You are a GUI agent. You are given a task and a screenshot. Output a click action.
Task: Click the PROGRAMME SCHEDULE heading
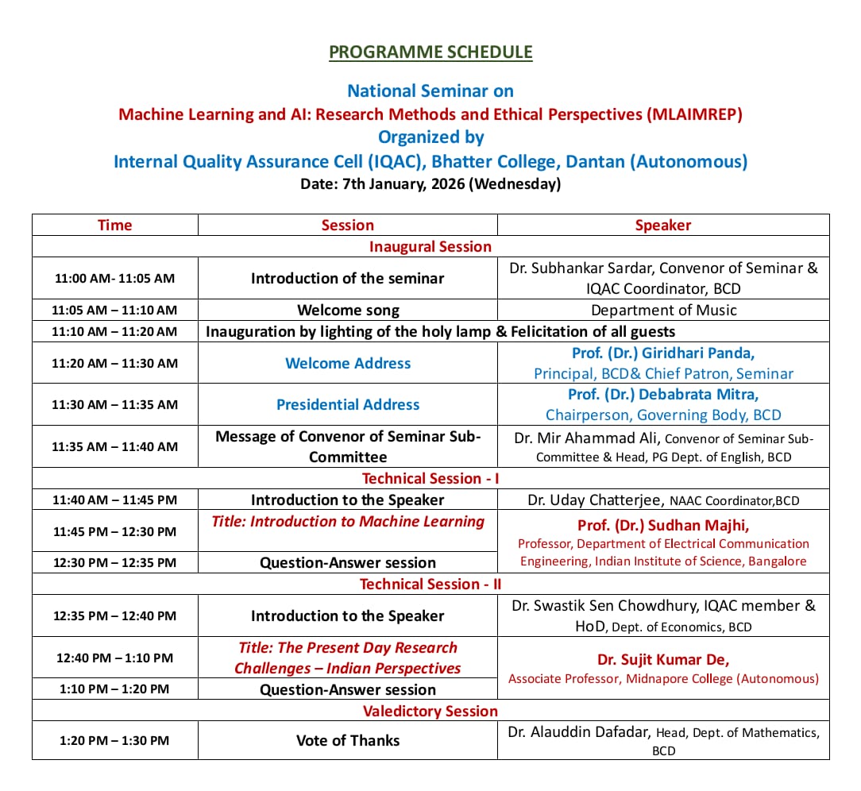click(430, 52)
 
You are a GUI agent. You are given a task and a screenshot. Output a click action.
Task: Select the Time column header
click(114, 225)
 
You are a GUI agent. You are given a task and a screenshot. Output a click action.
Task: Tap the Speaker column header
click(663, 225)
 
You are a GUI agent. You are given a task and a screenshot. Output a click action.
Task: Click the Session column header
click(347, 225)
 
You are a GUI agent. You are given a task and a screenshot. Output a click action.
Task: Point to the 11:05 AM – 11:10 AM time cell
click(114, 310)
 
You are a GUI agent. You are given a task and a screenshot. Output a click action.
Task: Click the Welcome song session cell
click(347, 310)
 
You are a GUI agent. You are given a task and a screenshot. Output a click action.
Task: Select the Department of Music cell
click(663, 310)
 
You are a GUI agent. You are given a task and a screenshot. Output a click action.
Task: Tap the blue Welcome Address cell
click(347, 363)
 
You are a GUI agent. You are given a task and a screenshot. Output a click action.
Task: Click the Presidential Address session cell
click(347, 404)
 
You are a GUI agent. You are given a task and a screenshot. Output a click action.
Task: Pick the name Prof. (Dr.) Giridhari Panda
click(663, 353)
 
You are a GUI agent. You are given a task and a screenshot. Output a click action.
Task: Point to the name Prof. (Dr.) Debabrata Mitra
click(663, 395)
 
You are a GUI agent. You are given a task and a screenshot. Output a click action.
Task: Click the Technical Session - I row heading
click(430, 478)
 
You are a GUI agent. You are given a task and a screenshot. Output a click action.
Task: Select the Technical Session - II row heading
click(430, 584)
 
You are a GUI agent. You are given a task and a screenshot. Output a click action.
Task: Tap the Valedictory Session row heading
click(430, 711)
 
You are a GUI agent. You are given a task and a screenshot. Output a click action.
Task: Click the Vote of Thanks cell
click(347, 740)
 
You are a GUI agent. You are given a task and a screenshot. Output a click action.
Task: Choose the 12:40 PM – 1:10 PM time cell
click(114, 658)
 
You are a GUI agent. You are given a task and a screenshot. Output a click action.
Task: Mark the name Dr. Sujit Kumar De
click(663, 659)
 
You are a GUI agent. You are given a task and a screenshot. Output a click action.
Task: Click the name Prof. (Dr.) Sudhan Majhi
click(663, 525)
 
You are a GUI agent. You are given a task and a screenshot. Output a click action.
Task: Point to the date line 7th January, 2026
click(430, 184)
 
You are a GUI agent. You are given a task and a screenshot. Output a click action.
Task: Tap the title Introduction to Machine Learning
click(347, 522)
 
